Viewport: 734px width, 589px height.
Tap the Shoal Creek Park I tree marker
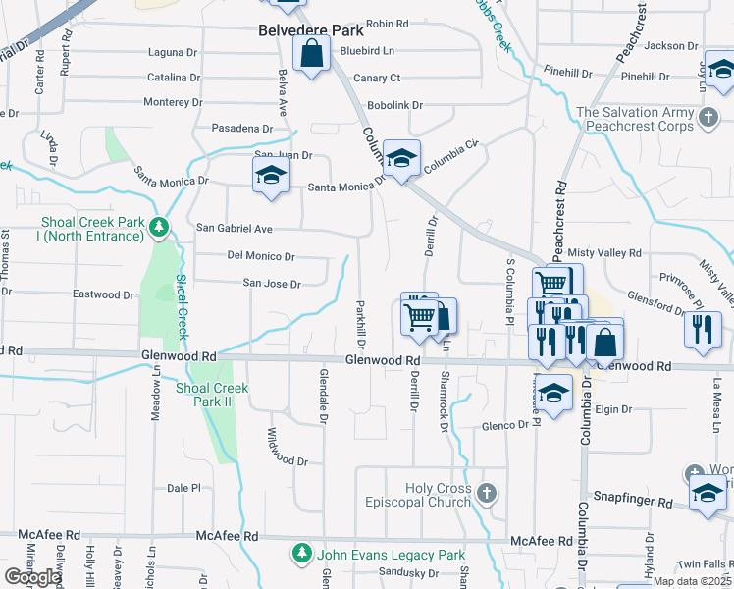(159, 228)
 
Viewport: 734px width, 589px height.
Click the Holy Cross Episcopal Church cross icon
(487, 490)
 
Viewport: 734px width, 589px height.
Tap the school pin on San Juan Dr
(269, 177)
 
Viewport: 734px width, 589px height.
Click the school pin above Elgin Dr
(553, 394)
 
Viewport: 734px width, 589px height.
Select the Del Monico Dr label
(261, 256)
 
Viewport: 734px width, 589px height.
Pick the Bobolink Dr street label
(395, 104)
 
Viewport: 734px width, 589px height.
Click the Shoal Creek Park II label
(212, 395)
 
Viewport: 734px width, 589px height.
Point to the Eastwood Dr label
(104, 294)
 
